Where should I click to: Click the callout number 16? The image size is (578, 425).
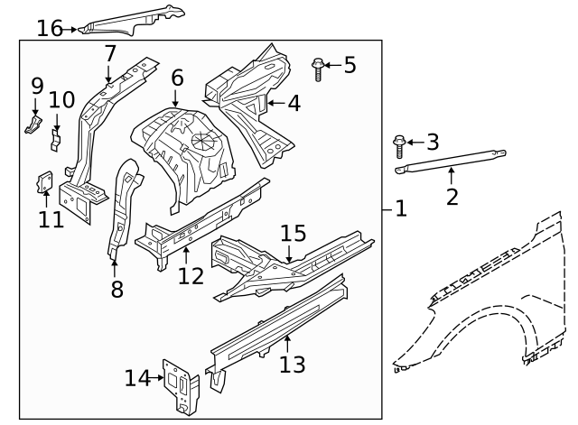pyautogui.click(x=50, y=28)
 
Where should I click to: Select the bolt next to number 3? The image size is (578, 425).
pyautogui.click(x=400, y=143)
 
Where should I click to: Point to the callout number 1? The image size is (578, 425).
pyautogui.click(x=401, y=209)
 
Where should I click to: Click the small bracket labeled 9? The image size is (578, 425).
pyautogui.click(x=33, y=123)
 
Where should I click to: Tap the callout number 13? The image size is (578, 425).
pyautogui.click(x=293, y=364)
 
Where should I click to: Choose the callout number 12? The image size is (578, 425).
pyautogui.click(x=191, y=274)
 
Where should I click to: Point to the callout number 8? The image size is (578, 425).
pyautogui.click(x=116, y=290)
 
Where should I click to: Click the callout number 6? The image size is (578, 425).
pyautogui.click(x=177, y=78)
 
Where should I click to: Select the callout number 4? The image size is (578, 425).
pyautogui.click(x=294, y=103)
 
